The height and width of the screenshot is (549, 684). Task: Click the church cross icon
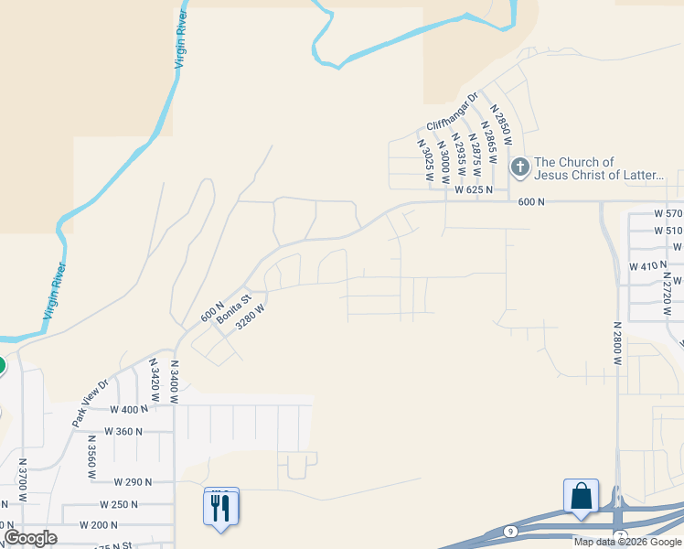(x=519, y=167)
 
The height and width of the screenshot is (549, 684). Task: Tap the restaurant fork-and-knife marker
(x=220, y=506)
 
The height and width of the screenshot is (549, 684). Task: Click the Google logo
(x=30, y=538)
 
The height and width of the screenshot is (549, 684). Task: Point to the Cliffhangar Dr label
(x=453, y=112)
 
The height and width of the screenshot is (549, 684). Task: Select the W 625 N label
(x=474, y=190)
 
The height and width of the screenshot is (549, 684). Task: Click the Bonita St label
(x=233, y=299)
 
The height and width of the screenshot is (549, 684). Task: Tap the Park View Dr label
(x=91, y=404)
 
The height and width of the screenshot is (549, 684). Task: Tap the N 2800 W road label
(x=618, y=343)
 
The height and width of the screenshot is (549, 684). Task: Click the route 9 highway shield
(x=508, y=530)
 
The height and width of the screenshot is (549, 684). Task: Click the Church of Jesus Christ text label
(x=599, y=168)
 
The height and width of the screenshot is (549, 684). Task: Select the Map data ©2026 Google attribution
(x=626, y=542)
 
